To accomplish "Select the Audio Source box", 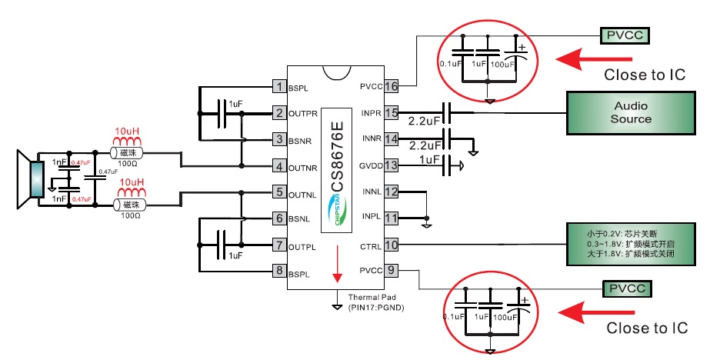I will point(631,113).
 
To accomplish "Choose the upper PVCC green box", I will point(627,35).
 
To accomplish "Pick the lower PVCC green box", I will point(627,289).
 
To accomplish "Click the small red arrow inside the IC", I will point(336,265).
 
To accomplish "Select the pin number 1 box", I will point(281,87).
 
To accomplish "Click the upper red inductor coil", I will point(128,140).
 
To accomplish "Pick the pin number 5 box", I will point(281,192).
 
